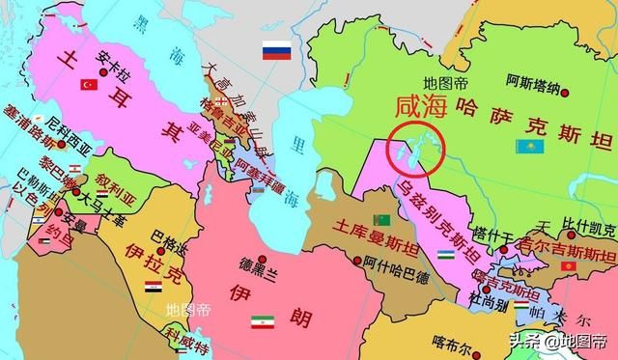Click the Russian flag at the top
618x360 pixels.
278,51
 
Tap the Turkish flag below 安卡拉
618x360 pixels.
90,84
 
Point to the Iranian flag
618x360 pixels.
263,321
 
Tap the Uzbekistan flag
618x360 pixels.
446,255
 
